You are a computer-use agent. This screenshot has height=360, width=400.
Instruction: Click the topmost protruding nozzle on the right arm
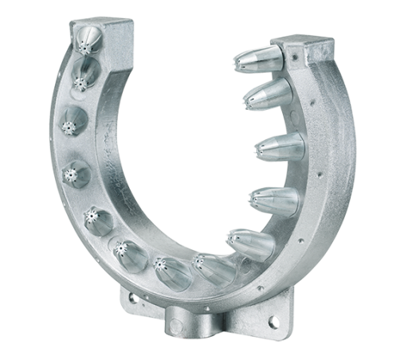coord(259,58)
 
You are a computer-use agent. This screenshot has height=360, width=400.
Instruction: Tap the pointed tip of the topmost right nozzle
coord(237,61)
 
